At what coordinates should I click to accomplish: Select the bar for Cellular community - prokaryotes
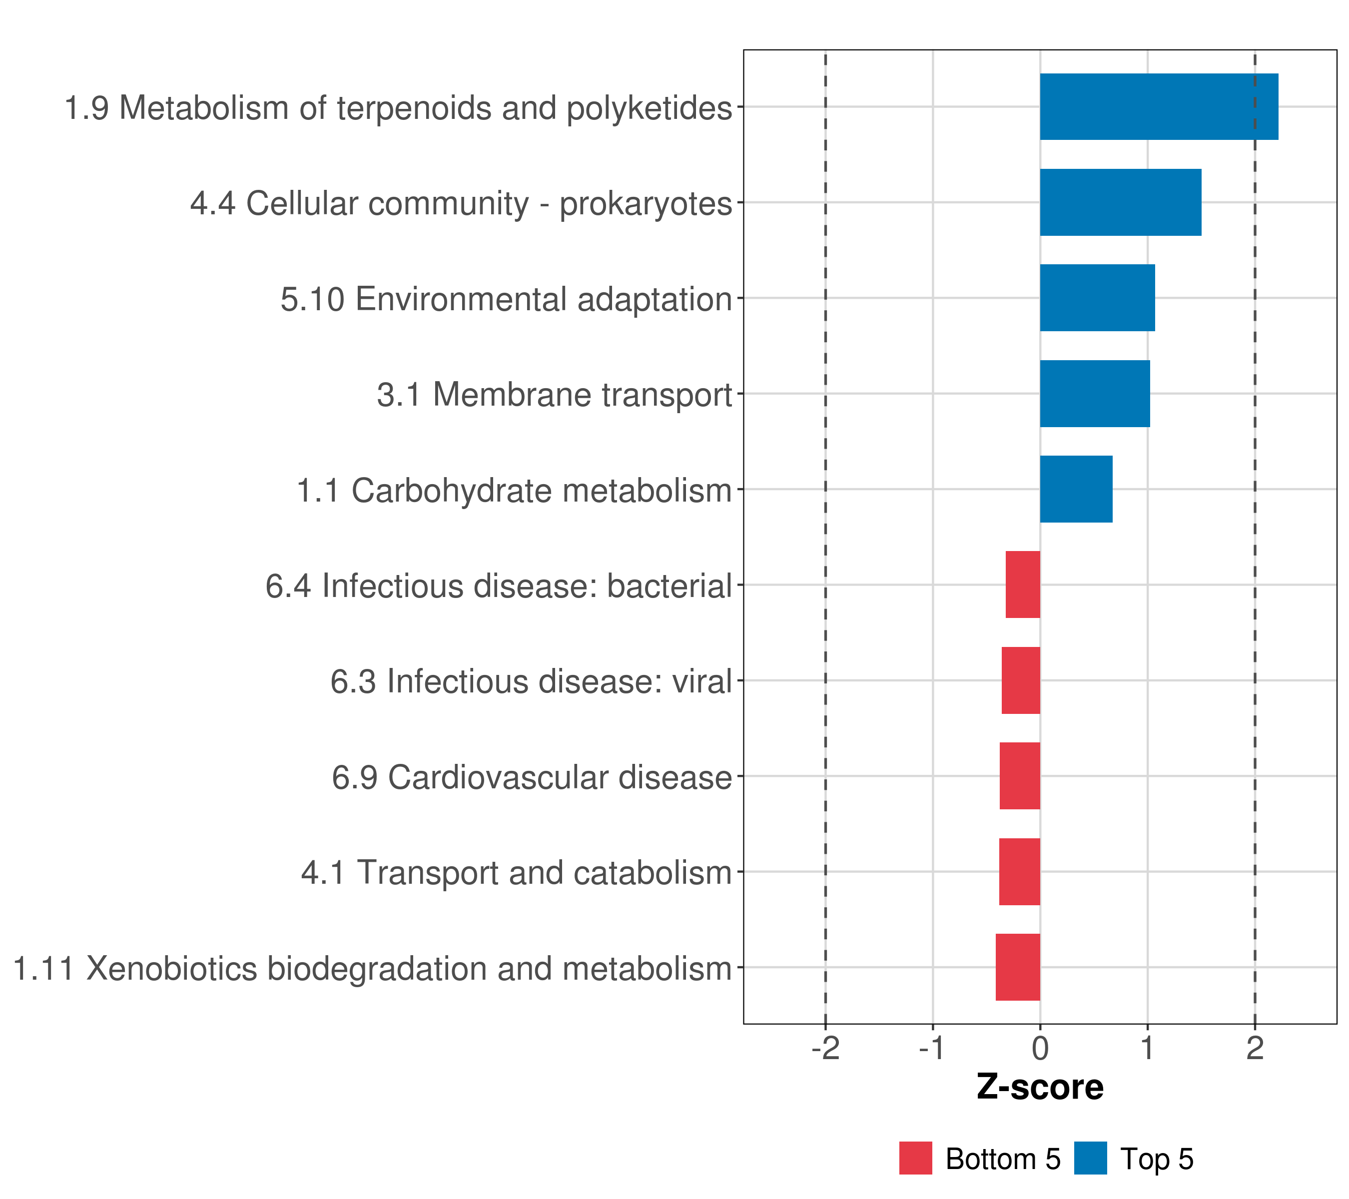[1120, 203]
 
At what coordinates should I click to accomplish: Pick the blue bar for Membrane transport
[1094, 394]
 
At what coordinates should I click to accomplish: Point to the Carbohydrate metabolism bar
[1076, 489]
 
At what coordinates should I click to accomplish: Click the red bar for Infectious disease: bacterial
[1022, 585]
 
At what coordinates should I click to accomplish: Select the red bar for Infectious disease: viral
[1020, 680]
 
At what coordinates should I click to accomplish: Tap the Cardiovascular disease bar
[1020, 776]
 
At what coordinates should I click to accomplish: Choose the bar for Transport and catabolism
[1019, 872]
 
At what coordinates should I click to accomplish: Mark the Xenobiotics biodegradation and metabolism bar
[1018, 967]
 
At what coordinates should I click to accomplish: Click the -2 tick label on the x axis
[825, 1049]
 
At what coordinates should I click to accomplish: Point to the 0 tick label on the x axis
[1040, 1049]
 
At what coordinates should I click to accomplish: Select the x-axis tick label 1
[1148, 1049]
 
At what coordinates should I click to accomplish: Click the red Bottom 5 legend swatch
[915, 1158]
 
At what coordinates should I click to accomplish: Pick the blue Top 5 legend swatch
[1090, 1158]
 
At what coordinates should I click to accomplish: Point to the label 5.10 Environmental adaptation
[506, 299]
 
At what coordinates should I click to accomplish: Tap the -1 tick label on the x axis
[932, 1049]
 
